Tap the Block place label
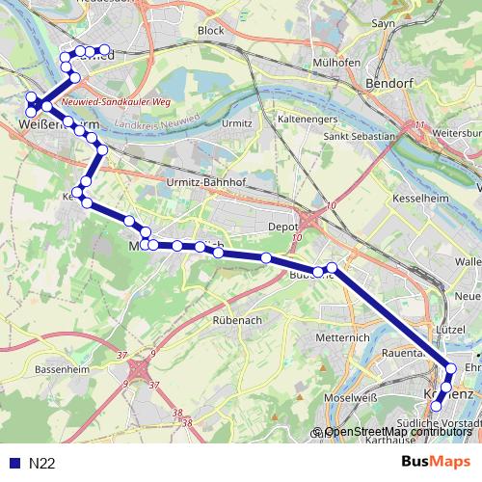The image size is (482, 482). pyautogui.click(x=210, y=31)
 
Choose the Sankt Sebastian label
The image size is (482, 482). pyautogui.click(x=360, y=137)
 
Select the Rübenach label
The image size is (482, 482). pyautogui.click(x=238, y=320)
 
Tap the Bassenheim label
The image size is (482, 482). pyautogui.click(x=61, y=369)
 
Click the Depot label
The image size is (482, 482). pyautogui.click(x=281, y=228)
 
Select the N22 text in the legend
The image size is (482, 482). pyautogui.click(x=42, y=464)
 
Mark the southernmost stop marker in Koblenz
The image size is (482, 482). pyautogui.click(x=436, y=407)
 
